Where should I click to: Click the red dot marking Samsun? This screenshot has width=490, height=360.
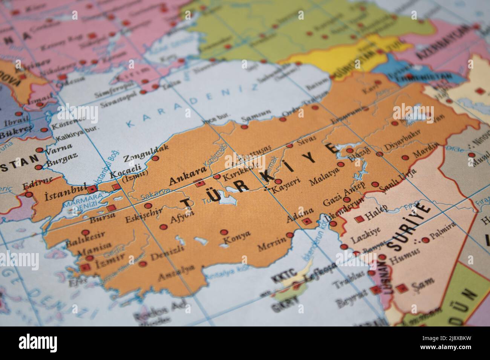tap(244, 127)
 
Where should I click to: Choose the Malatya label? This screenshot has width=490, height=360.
tap(324, 177)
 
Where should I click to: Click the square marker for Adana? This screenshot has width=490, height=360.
tap(307, 221)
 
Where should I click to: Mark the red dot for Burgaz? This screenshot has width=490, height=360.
tap(38, 167)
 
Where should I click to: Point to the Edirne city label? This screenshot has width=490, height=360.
tap(37, 183)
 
